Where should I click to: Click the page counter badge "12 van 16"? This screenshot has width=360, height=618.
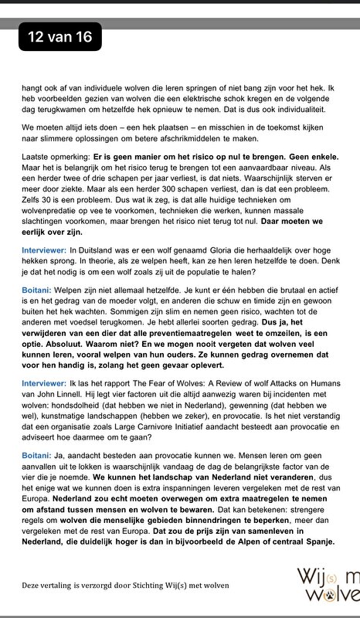[x=59, y=36]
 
